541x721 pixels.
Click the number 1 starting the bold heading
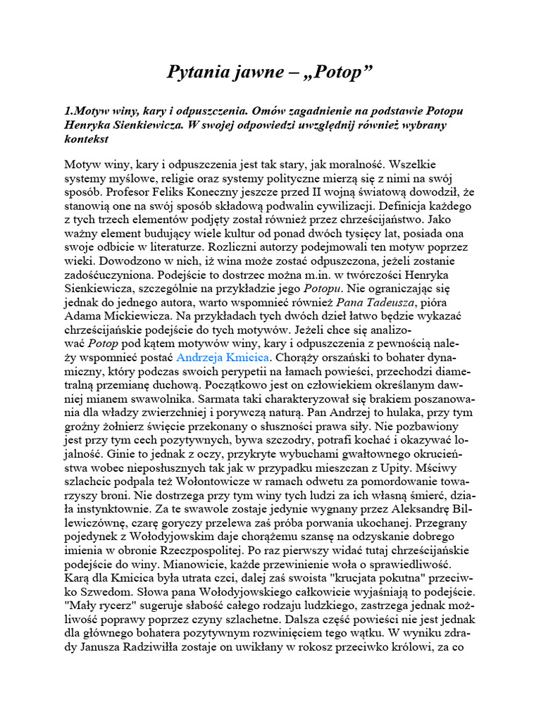tap(67, 112)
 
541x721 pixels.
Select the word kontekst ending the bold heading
tap(86, 139)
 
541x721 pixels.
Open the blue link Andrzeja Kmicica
tap(222, 358)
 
